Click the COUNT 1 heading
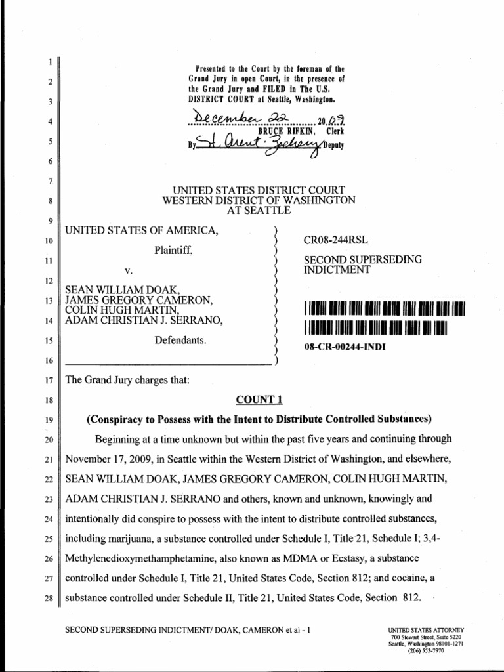click(x=253, y=398)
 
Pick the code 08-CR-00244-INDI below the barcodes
click(x=345, y=346)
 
